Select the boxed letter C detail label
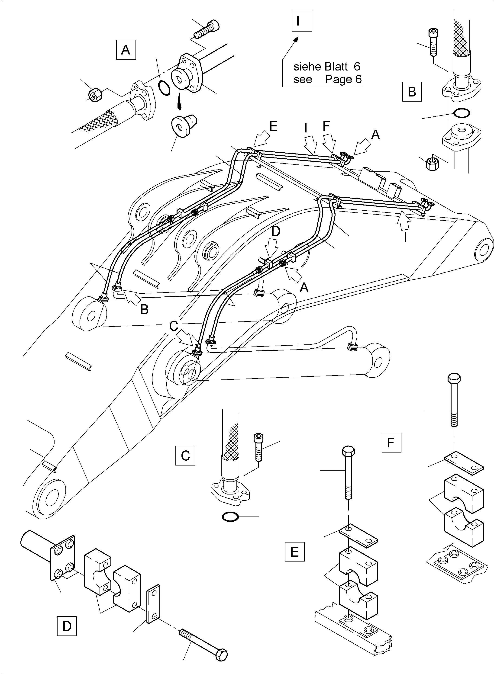click(x=185, y=456)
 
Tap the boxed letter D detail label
click(x=67, y=626)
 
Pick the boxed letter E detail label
click(x=294, y=552)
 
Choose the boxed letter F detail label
click(x=391, y=442)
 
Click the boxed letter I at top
click(x=302, y=21)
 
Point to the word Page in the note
click(x=339, y=80)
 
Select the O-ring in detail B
click(x=462, y=113)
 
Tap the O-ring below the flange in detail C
click(x=230, y=517)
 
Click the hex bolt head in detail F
click(x=454, y=379)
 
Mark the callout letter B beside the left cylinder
click(x=144, y=309)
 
